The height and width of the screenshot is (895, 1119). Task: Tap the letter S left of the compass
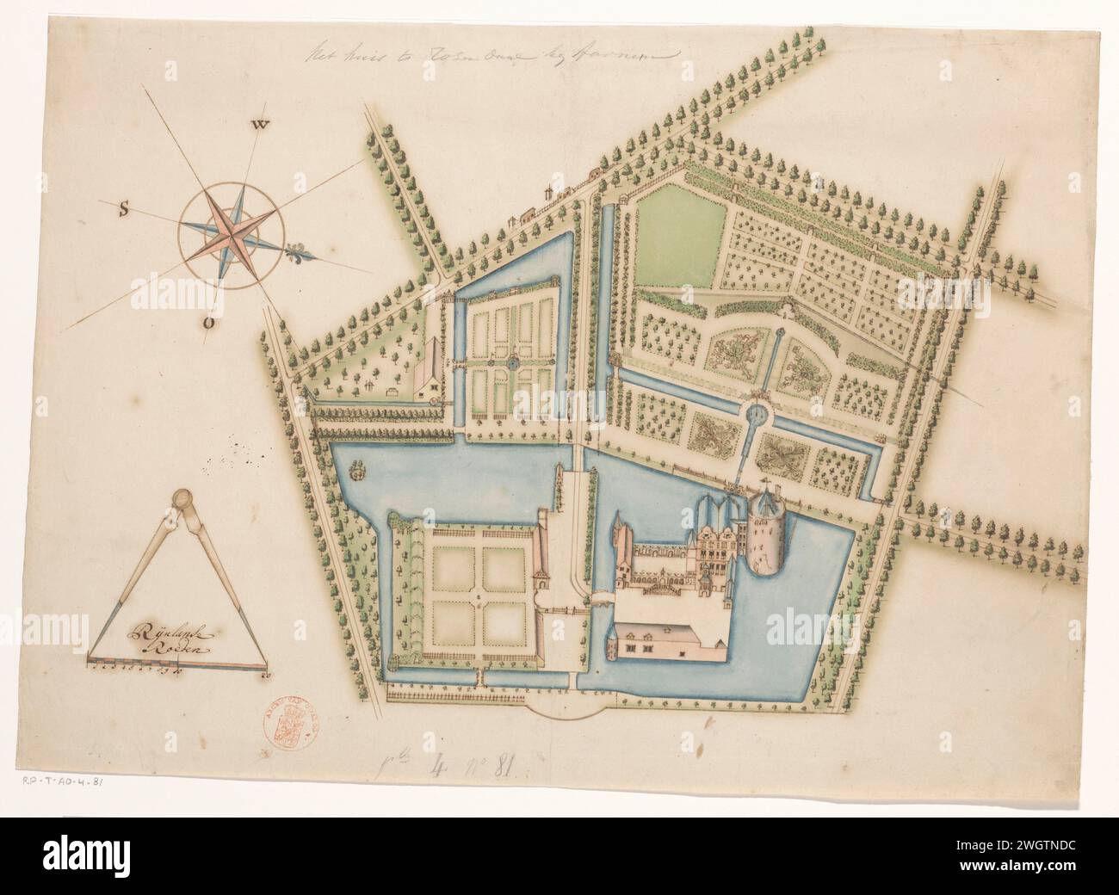pyautogui.click(x=124, y=207)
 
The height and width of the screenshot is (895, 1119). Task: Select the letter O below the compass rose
pyautogui.click(x=208, y=323)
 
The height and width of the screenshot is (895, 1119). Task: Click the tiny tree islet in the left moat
pyautogui.click(x=358, y=468)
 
